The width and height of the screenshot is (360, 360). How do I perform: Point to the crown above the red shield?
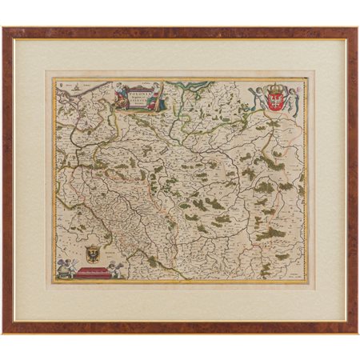point(278,86)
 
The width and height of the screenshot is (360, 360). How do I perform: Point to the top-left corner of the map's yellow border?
point(54,78)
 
